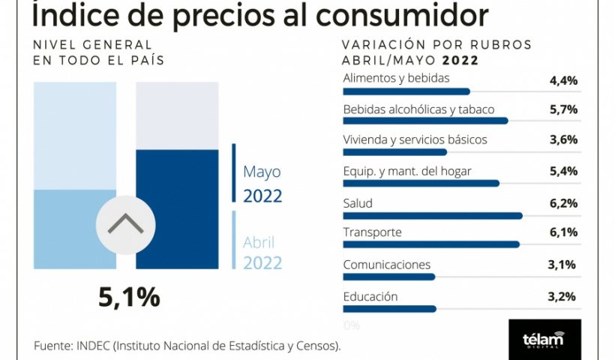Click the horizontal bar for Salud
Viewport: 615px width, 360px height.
(432, 215)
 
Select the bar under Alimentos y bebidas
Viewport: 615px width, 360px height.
(406, 91)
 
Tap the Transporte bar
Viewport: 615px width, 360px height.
(430, 244)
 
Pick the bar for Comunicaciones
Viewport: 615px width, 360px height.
(388, 276)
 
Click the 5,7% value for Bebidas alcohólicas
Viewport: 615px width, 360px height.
(563, 109)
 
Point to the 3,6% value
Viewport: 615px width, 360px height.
(563, 139)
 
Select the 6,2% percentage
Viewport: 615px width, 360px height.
(563, 203)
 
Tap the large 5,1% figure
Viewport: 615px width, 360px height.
(129, 297)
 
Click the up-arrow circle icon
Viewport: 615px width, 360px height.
(125, 224)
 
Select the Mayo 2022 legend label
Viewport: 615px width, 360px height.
(262, 184)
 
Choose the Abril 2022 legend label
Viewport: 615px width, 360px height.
(262, 253)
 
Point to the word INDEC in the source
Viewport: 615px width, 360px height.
(93, 346)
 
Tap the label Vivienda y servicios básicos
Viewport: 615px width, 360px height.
(415, 139)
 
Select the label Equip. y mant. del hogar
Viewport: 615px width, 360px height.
(406, 171)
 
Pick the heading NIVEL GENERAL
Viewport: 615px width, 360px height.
(92, 45)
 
